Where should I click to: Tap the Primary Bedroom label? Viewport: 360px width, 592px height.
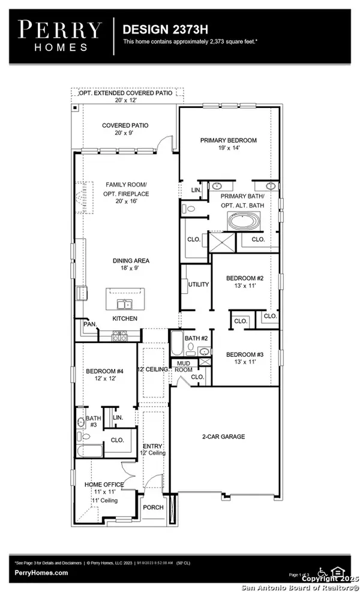coord(228,145)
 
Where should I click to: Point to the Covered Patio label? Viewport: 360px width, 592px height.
coord(125,130)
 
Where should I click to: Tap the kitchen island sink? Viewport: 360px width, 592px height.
coord(126,303)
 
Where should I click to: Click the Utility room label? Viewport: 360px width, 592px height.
coord(198,284)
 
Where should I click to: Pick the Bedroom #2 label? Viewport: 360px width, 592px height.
coord(244,283)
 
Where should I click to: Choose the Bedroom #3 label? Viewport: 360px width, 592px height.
coord(244,359)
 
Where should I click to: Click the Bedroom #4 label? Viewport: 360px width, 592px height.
coord(104,375)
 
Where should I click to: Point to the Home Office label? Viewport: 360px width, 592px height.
coord(104,488)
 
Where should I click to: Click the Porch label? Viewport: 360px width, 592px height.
coord(153,507)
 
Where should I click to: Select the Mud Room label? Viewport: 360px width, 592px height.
coord(183,366)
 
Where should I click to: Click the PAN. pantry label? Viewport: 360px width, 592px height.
coord(91,324)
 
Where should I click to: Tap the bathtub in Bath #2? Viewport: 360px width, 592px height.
coord(178,344)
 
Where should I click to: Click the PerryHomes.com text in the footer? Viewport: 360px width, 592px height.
coord(41,573)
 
